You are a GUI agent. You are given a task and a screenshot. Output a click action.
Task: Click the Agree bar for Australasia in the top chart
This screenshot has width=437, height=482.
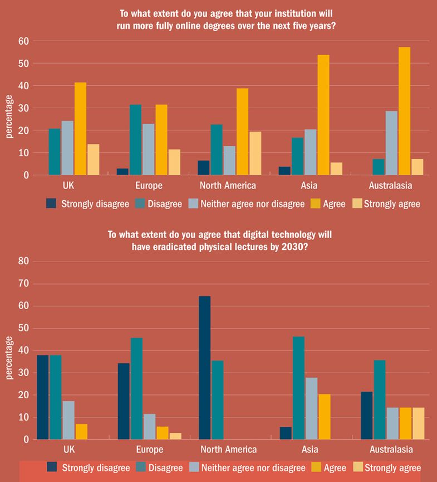click(x=405, y=112)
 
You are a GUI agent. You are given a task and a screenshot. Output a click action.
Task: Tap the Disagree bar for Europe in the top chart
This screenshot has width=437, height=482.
click(x=135, y=140)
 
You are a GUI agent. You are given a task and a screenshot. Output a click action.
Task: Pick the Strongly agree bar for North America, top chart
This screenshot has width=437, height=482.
click(x=255, y=153)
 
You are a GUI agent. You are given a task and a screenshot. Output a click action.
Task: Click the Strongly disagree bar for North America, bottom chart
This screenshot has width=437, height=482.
click(x=204, y=368)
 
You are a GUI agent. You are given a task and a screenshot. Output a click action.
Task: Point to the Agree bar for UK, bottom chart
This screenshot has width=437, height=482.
click(x=81, y=432)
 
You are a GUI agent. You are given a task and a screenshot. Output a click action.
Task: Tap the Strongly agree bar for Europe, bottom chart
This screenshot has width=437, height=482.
click(x=175, y=436)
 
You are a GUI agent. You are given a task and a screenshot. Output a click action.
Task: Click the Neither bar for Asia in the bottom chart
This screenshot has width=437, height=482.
click(x=311, y=409)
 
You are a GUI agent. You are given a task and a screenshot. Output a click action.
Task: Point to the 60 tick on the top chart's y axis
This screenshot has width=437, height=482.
click(x=23, y=41)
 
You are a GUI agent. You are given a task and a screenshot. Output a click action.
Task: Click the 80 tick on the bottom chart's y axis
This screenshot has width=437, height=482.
click(x=23, y=261)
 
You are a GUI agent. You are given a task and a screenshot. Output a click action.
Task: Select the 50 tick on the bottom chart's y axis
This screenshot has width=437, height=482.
click(x=23, y=328)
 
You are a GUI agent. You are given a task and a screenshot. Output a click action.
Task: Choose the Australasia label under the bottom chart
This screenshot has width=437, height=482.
click(x=391, y=450)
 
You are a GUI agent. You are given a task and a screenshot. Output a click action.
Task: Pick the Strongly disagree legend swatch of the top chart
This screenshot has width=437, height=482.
click(x=51, y=204)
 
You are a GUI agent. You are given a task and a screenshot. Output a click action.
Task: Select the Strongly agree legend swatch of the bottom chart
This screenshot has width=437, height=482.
click(x=357, y=467)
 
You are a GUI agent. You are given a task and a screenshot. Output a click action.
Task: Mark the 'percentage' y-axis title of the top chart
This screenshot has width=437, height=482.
click(x=9, y=117)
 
